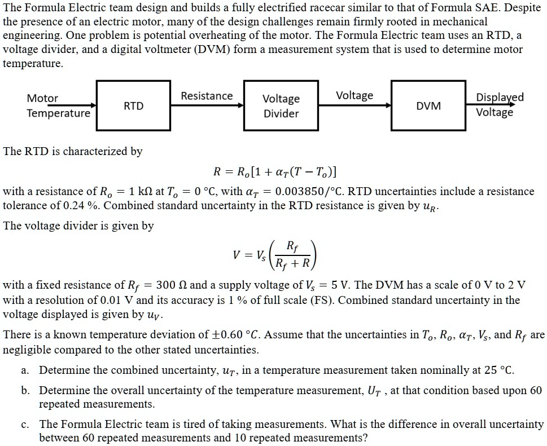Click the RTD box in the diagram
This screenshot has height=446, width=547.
pyautogui.click(x=133, y=106)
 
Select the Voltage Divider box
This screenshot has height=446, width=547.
pyautogui.click(x=281, y=106)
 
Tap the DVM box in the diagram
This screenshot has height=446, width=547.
pyautogui.click(x=428, y=106)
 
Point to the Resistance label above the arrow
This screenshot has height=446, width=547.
pyautogui.click(x=207, y=96)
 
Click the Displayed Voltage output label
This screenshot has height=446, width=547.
pyautogui.click(x=500, y=104)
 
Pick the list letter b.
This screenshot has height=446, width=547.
pyautogui.click(x=25, y=390)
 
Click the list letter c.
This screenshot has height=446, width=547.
pyautogui.click(x=25, y=424)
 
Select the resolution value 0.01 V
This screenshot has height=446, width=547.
pyautogui.click(x=117, y=299)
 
